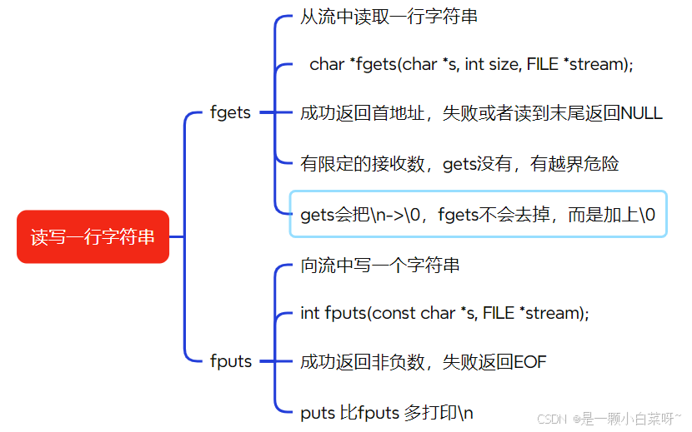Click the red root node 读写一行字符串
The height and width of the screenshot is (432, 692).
coord(93,237)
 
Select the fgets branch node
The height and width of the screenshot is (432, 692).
coord(230,112)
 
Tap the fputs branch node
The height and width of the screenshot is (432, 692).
coord(230,361)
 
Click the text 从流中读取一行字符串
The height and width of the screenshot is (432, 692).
coord(389,17)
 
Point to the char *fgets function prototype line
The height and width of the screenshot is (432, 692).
coord(471,64)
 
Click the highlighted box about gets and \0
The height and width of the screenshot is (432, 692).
coord(478,214)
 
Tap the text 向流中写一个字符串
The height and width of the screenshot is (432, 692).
coord(380,266)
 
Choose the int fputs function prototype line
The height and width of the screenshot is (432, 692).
coord(444,314)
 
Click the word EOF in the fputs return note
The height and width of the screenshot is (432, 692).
coord(530,362)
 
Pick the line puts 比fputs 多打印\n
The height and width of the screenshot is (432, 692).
coord(387,412)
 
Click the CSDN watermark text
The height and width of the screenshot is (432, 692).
coord(551,419)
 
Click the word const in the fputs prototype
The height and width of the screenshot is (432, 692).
coord(394,314)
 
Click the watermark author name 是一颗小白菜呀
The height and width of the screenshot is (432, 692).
coord(627,419)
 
